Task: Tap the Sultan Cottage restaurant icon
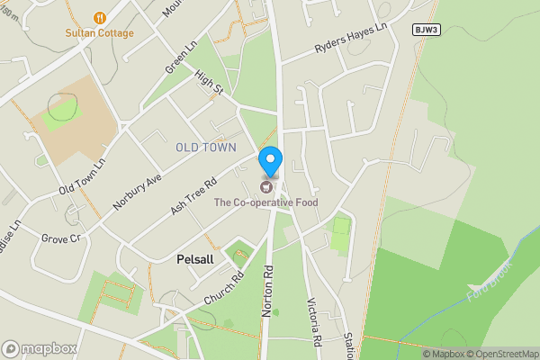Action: [x=99, y=17]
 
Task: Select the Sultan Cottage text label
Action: [x=99, y=33]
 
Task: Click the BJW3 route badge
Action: [x=426, y=30]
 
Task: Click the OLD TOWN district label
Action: [x=206, y=147]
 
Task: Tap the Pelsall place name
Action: [x=195, y=258]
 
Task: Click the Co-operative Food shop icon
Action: [x=265, y=186]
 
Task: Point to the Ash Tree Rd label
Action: [x=195, y=194]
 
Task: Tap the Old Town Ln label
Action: [x=83, y=176]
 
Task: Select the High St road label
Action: [x=208, y=85]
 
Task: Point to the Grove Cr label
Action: [x=61, y=238]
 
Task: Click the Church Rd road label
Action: [x=224, y=287]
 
